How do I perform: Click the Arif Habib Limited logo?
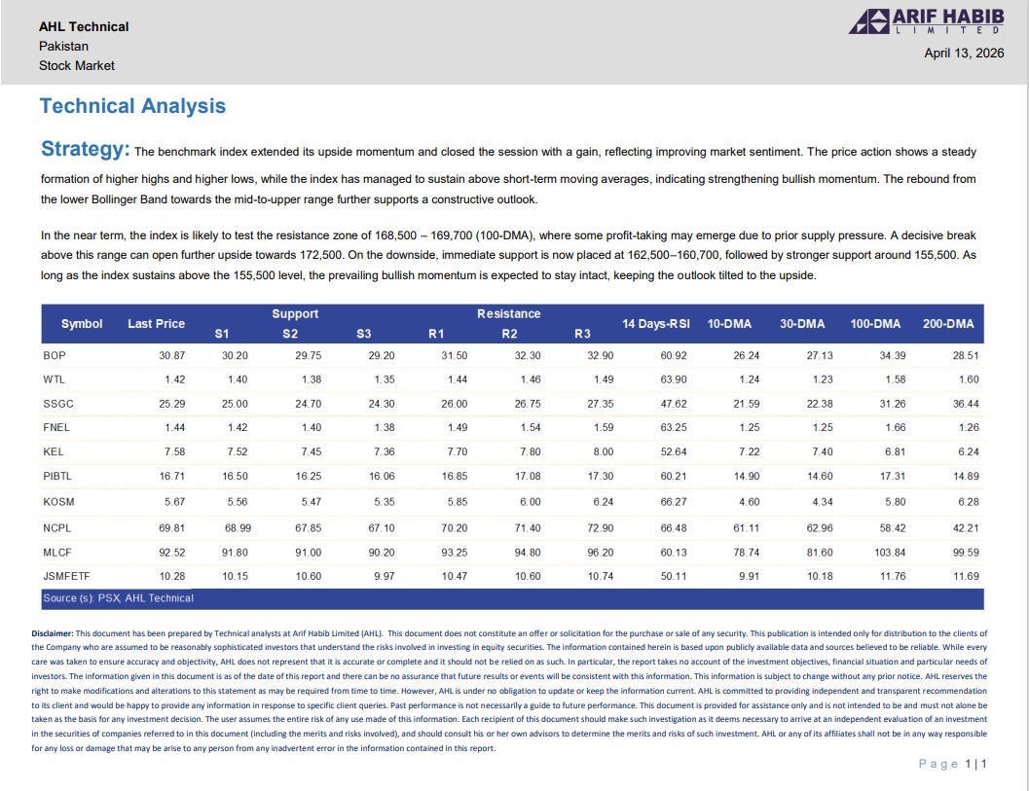tap(927, 21)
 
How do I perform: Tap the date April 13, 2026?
tap(963, 54)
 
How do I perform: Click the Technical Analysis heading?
tap(132, 106)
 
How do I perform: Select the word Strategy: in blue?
tap(86, 150)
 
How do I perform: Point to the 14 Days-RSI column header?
tap(656, 323)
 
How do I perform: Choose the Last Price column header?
tap(156, 323)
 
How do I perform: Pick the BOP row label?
tap(55, 355)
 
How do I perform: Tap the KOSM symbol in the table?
tap(58, 502)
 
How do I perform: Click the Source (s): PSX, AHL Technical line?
tap(118, 597)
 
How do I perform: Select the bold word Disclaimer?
tap(52, 632)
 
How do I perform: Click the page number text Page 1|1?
tap(952, 764)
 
